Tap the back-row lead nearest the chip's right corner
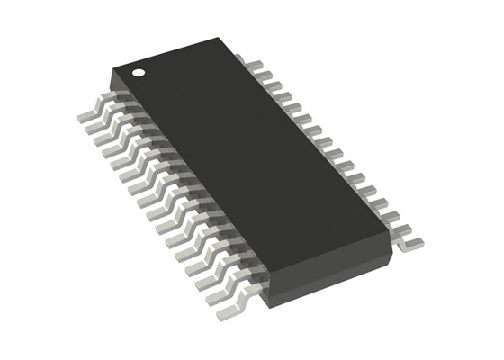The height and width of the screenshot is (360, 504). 410,238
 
